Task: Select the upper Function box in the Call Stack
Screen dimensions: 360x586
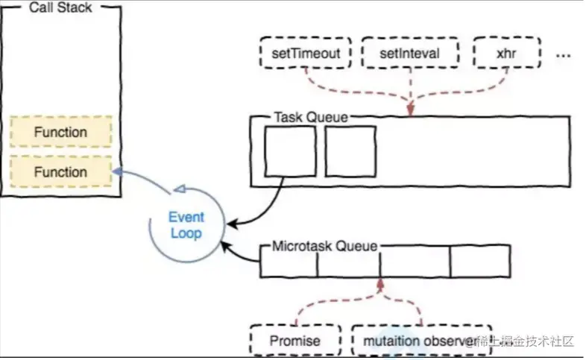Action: click(x=60, y=133)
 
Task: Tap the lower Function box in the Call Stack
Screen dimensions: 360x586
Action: click(x=60, y=172)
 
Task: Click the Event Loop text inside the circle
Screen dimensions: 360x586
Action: click(x=186, y=225)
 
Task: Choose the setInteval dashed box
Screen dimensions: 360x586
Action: click(x=409, y=54)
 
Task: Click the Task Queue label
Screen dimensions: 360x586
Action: click(x=310, y=117)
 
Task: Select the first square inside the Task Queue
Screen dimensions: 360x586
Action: click(x=290, y=151)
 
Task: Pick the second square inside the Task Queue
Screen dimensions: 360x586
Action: click(x=350, y=151)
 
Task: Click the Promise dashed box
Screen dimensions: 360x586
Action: click(x=295, y=341)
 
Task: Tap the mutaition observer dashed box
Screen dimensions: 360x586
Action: click(x=421, y=341)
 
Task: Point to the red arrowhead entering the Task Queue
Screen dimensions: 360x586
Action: click(x=409, y=112)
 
